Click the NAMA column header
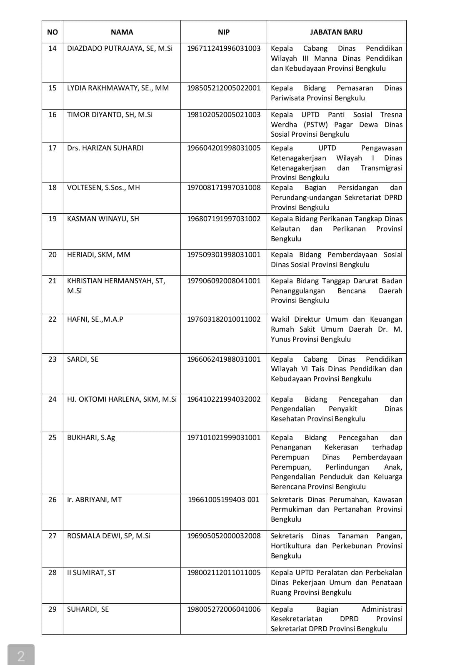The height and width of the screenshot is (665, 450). tap(122, 32)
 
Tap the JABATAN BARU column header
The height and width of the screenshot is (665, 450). tap(336, 32)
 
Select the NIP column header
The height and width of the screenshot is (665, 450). tap(223, 32)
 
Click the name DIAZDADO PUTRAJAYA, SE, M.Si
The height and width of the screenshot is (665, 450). tap(120, 48)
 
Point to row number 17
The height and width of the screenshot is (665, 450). tap(52, 148)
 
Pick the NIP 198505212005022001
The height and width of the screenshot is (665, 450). tap(223, 88)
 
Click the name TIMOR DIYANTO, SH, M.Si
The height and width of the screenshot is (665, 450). tap(110, 115)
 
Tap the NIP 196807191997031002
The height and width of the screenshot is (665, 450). tap(223, 219)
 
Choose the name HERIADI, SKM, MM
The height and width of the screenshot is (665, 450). tap(99, 255)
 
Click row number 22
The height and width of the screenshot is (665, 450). tap(52, 319)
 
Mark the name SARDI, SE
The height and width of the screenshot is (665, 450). tap(82, 359)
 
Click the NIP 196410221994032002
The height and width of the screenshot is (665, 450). tap(223, 399)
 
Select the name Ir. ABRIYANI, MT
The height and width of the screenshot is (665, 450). tap(94, 500)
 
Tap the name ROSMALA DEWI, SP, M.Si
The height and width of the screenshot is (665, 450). tap(109, 536)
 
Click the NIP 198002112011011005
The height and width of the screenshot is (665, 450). tap(223, 572)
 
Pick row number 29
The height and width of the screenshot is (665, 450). tap(52, 609)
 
